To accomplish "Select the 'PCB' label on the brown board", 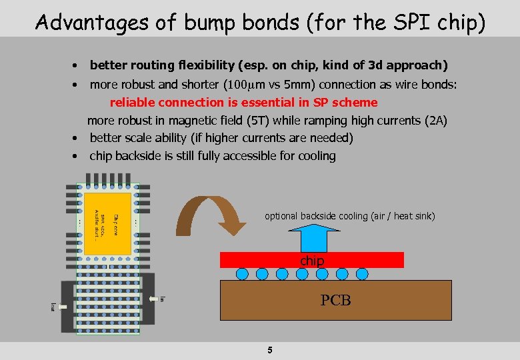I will coord(335,301).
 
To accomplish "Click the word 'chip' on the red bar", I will coord(311,261).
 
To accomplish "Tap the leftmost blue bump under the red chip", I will coord(243,273).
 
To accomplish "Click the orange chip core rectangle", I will coord(107,224).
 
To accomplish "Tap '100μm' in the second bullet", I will coord(243,85).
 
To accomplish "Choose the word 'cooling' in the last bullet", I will coord(315,156).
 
